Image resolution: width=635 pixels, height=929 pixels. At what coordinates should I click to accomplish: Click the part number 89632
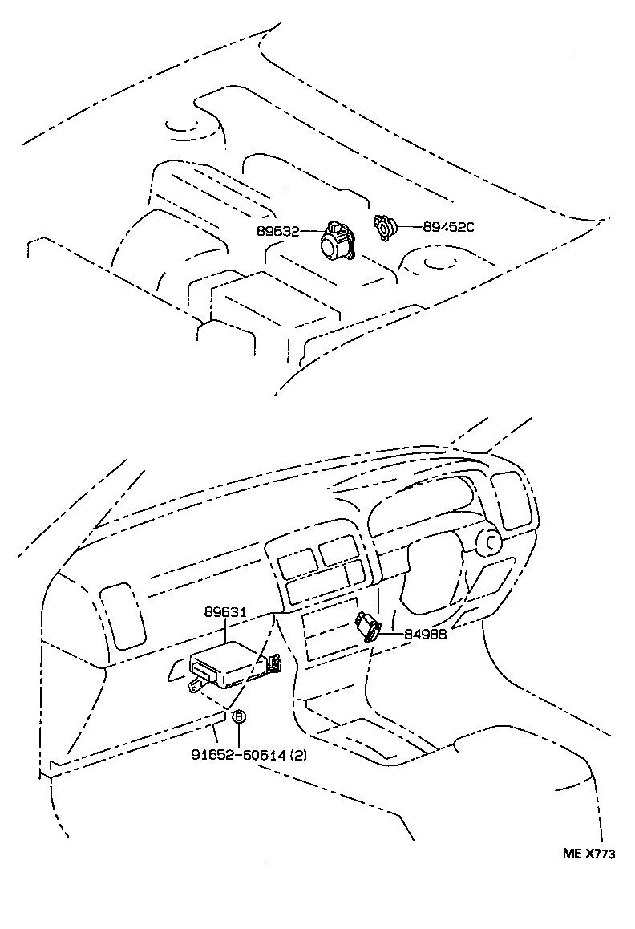click(277, 231)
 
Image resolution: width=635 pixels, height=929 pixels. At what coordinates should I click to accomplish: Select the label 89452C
click(448, 227)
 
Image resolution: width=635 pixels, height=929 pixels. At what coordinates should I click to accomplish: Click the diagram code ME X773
click(588, 854)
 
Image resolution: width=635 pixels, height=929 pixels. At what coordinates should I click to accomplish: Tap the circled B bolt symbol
click(238, 716)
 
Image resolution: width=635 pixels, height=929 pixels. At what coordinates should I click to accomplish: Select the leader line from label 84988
click(391, 634)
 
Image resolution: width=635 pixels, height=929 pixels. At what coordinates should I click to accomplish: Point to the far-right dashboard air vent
click(511, 500)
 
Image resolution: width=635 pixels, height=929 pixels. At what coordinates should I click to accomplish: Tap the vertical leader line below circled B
click(238, 735)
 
